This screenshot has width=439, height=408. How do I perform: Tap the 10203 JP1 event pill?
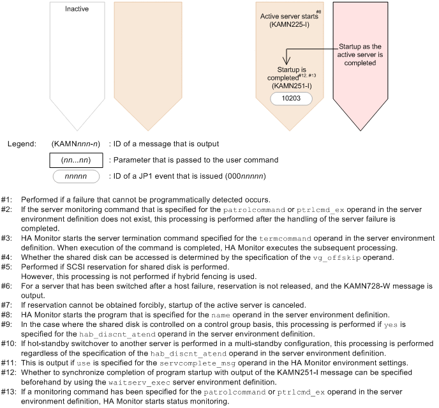coord(290,98)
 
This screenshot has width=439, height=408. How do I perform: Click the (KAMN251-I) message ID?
coord(290,84)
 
